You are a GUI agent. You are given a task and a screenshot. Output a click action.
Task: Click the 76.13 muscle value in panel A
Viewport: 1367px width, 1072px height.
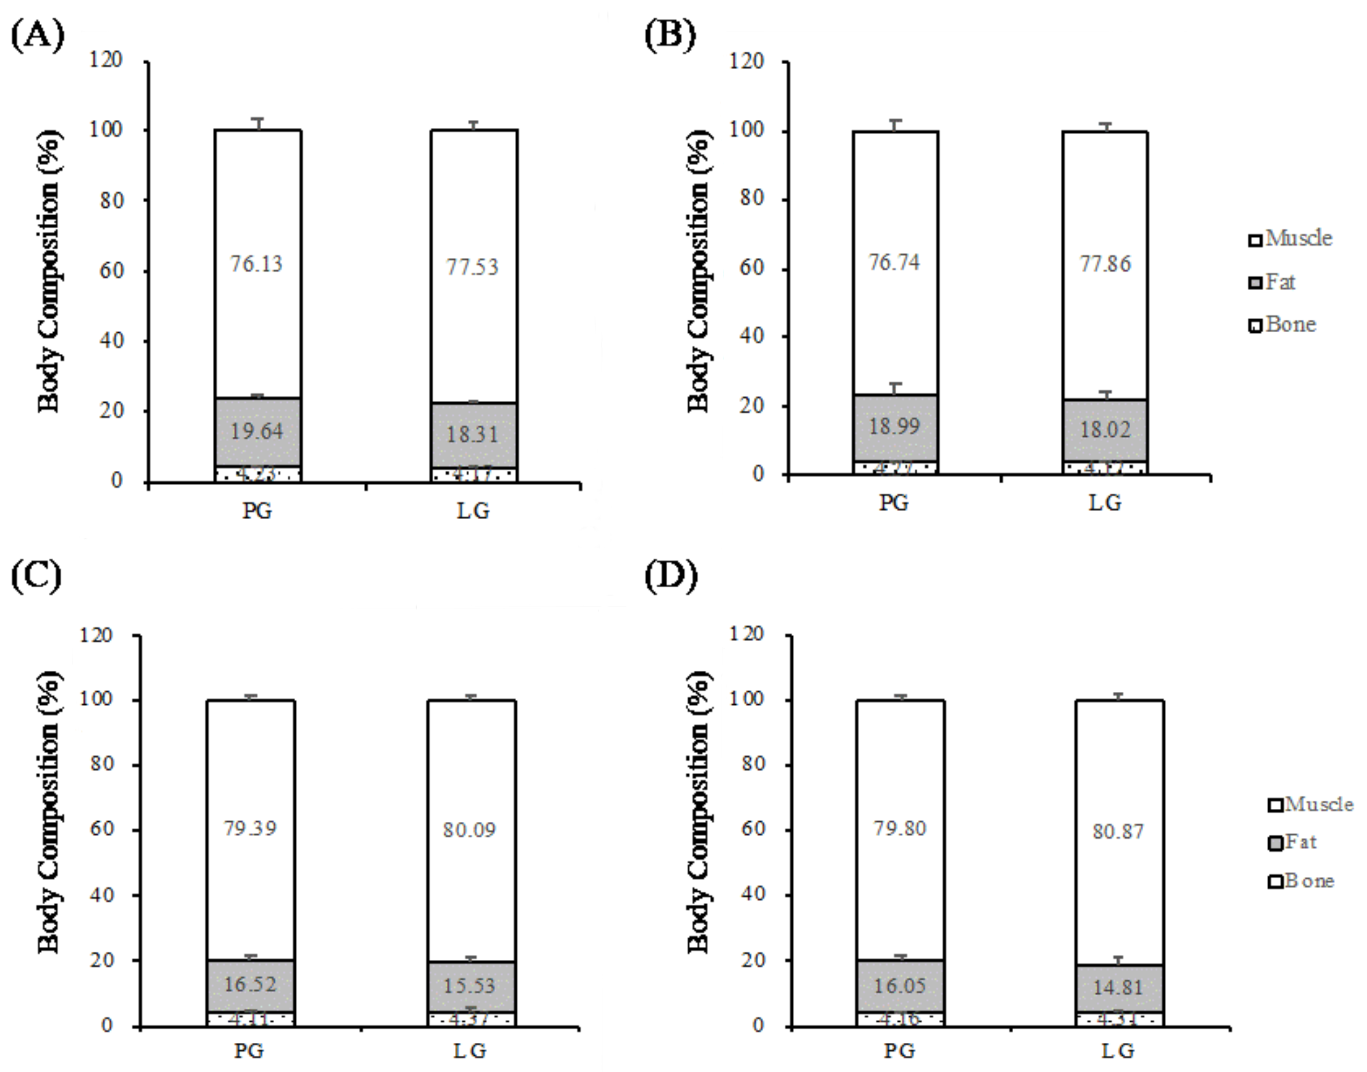(256, 264)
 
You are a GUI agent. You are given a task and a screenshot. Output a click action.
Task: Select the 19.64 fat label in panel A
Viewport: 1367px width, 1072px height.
(256, 431)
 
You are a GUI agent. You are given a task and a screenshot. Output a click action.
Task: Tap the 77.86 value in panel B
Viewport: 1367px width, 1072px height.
(1105, 264)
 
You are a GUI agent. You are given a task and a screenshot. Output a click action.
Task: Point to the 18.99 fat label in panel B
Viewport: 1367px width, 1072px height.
(894, 427)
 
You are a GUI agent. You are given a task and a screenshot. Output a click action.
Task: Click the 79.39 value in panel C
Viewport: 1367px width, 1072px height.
(250, 828)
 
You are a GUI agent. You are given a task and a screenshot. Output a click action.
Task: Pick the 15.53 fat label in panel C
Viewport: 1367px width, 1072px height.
(469, 985)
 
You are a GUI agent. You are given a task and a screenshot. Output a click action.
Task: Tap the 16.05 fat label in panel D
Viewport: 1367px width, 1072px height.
(900, 985)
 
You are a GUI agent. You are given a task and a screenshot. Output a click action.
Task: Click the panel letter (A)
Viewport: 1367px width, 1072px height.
(38, 36)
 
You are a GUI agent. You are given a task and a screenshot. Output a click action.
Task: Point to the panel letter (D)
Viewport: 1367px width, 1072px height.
(671, 577)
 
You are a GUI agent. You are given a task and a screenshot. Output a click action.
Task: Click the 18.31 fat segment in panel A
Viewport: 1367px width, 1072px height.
(473, 434)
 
